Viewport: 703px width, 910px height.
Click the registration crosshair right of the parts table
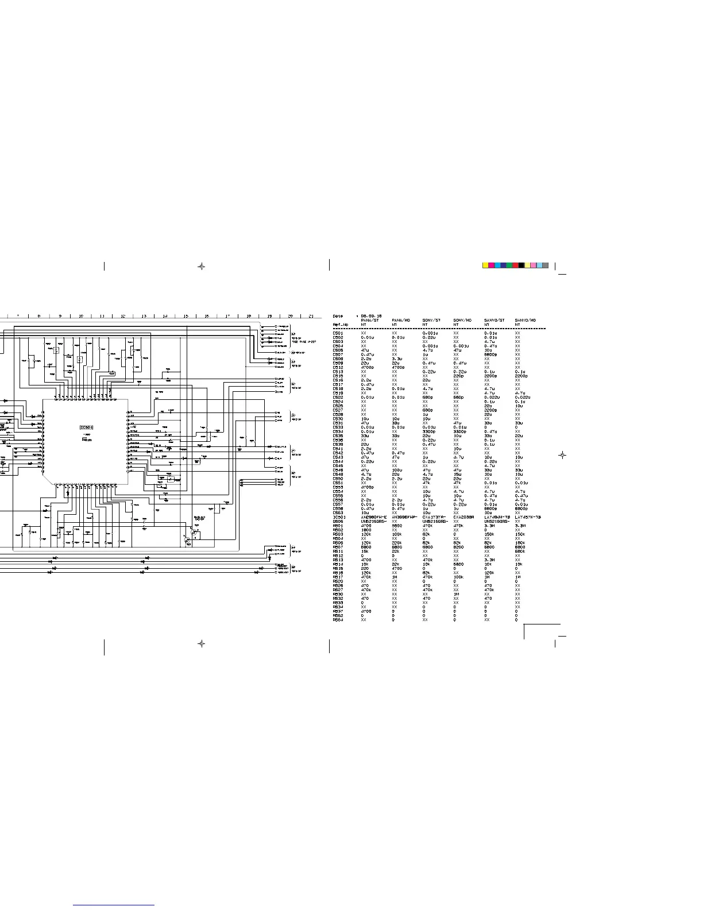click(x=563, y=455)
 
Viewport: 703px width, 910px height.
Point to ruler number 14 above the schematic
click(x=165, y=316)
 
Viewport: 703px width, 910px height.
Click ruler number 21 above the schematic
click(x=311, y=316)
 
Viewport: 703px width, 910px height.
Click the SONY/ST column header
click(x=431, y=320)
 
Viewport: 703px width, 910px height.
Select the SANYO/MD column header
click(x=526, y=320)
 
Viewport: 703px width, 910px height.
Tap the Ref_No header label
click(x=341, y=325)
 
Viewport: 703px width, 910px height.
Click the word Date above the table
click(x=338, y=316)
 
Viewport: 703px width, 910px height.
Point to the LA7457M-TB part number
click(x=528, y=517)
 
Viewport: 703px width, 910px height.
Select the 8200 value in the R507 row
click(x=458, y=547)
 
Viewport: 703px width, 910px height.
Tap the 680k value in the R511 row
click(x=520, y=552)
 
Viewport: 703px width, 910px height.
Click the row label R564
click(x=338, y=620)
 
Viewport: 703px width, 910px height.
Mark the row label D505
click(x=338, y=521)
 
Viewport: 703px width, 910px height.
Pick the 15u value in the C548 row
click(x=458, y=475)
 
